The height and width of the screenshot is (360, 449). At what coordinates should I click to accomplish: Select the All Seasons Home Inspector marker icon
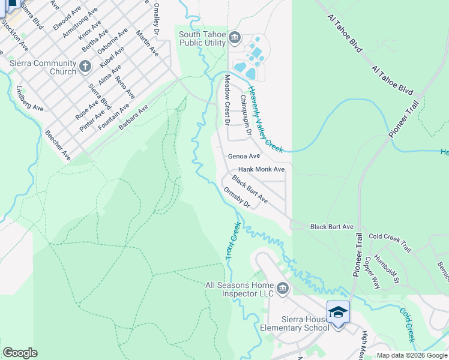pyautogui.click(x=283, y=290)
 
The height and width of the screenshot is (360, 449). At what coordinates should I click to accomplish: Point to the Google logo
pyautogui.click(x=20, y=353)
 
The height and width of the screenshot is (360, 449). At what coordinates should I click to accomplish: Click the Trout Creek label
pyautogui.click(x=233, y=241)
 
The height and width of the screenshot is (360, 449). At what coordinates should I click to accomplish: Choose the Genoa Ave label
pyautogui.click(x=244, y=156)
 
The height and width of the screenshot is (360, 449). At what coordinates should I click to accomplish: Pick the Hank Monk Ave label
pyautogui.click(x=261, y=170)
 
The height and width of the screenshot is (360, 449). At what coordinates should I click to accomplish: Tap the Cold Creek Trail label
pyautogui.click(x=390, y=243)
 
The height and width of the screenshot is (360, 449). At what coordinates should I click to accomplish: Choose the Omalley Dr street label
pyautogui.click(x=156, y=17)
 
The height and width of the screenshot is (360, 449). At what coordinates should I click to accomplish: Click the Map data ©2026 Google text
pyautogui.click(x=411, y=355)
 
